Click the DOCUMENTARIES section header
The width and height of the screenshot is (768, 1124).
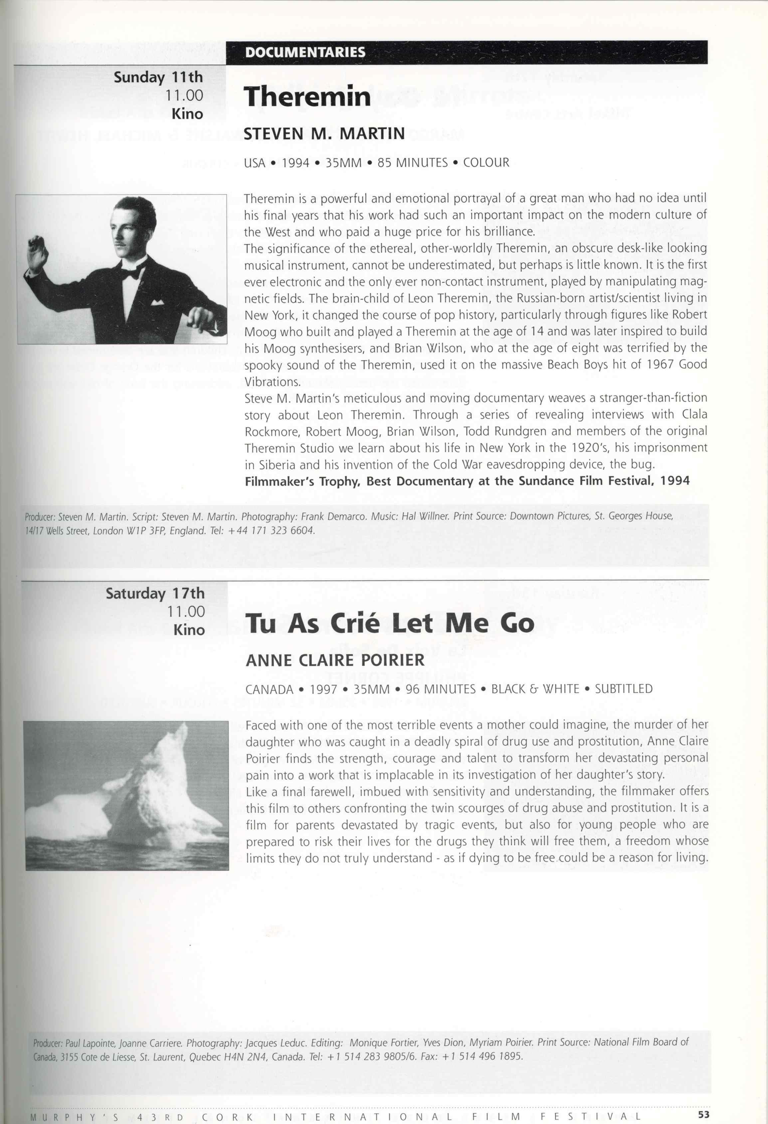[305, 52]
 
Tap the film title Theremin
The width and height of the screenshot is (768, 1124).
[306, 97]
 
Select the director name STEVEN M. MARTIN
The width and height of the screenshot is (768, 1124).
[324, 133]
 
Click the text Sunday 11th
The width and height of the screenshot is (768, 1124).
[158, 77]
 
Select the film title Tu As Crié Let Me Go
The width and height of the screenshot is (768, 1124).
[389, 623]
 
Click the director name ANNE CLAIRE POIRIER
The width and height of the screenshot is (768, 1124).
[335, 660]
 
